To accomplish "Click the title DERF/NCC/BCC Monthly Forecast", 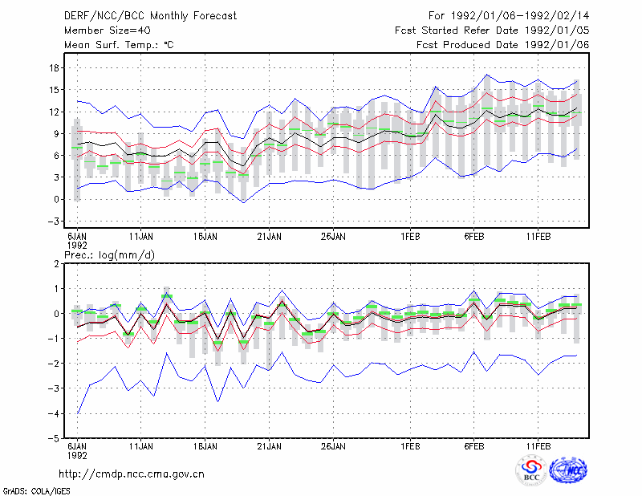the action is (x=150, y=16).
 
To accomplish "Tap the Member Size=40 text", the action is (x=108, y=30).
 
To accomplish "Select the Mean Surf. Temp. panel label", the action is (x=119, y=45).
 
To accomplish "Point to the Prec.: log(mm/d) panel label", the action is (x=109, y=255).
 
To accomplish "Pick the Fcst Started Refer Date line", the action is (x=492, y=30).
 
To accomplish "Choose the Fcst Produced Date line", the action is (x=503, y=45).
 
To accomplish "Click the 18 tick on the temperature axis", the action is (x=55, y=68).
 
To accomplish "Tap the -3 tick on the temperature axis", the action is (x=53, y=222).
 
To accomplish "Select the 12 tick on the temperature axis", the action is (x=55, y=112).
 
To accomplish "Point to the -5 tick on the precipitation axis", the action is (x=53, y=438).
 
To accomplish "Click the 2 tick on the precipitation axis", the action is (x=56, y=264).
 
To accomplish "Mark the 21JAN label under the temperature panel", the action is (x=269, y=237).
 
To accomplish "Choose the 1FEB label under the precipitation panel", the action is (x=410, y=446).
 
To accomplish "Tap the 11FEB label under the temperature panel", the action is (x=538, y=237).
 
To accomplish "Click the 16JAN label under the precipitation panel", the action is (x=205, y=446).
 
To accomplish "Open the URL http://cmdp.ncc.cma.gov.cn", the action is (x=132, y=474).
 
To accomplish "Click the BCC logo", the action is (x=531, y=470).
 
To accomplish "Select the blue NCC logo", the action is (x=568, y=470).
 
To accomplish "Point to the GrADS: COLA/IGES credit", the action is (x=36, y=491).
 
